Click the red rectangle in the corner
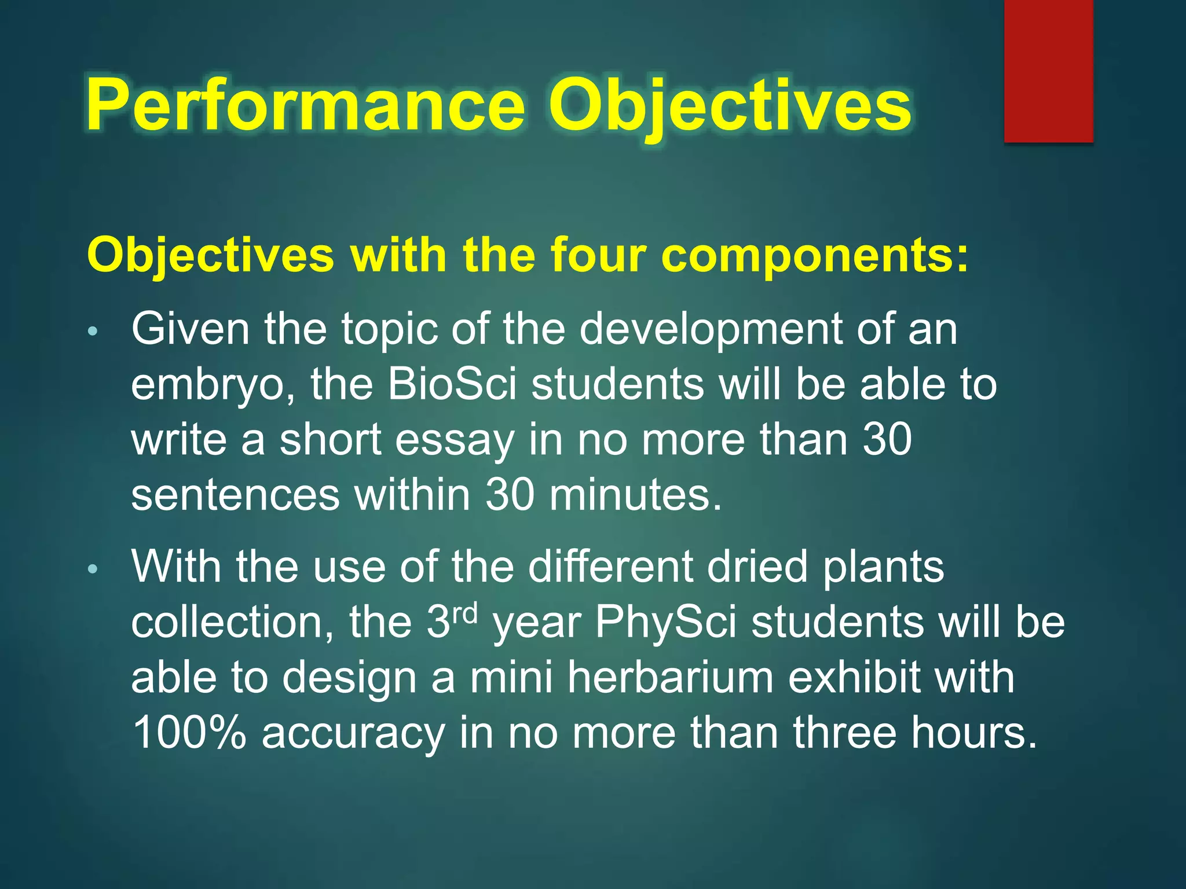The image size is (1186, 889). click(1048, 71)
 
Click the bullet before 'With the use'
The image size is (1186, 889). click(93, 570)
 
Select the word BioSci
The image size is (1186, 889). click(452, 384)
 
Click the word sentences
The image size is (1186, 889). click(235, 495)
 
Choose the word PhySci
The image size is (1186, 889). click(666, 623)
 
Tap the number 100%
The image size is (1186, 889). click(189, 733)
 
